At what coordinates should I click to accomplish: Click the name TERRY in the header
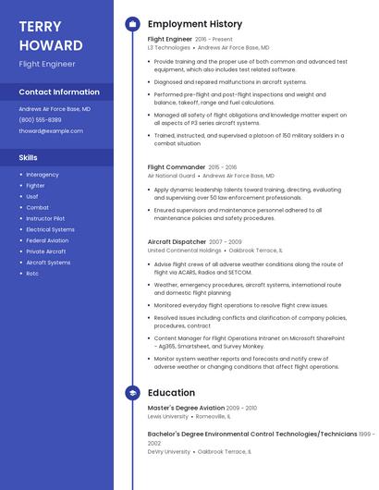pos(40,26)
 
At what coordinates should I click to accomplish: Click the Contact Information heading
pos(59,92)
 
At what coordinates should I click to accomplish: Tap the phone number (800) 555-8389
pos(40,120)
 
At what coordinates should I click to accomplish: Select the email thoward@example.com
pos(51,131)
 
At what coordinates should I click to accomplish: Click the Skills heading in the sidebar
pos(29,157)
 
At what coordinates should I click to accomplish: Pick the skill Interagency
pos(43,175)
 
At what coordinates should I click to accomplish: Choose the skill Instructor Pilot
pos(45,218)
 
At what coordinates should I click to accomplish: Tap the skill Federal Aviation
pos(47,240)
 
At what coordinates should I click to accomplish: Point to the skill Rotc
pos(32,274)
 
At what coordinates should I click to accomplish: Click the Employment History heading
pos(195,24)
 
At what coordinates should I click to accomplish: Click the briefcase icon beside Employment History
pos(132,24)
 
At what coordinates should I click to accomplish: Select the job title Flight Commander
pos(177,167)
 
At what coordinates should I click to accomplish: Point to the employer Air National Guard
pos(171,176)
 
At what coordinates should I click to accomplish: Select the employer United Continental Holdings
pos(184,250)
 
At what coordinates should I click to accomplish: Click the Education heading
pos(171,393)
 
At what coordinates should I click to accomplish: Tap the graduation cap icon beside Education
pos(132,393)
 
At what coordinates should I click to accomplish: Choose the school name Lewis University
pos(167,416)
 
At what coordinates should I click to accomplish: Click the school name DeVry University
pos(168,451)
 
